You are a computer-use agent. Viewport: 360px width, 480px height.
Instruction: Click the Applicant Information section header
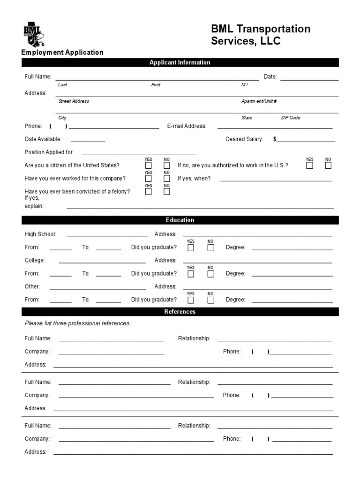pos(180,62)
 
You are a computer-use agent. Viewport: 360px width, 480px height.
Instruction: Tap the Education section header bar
pos(180,220)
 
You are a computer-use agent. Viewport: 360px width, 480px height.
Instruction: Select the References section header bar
pos(180,312)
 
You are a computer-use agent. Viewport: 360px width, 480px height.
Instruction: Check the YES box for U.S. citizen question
pos(149,165)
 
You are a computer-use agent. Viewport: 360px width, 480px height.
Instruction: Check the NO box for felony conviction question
pos(167,191)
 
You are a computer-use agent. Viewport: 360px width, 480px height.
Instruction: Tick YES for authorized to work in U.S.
pos(309,165)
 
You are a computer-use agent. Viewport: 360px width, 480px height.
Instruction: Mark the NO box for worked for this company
pos(167,178)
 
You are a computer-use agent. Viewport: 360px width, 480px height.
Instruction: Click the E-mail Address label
pos(187,126)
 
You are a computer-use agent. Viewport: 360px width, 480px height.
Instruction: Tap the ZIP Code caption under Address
pos(291,118)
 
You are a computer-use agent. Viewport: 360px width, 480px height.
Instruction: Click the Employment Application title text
pos(62,52)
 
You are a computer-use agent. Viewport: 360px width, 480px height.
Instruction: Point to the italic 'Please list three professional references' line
pos(77,323)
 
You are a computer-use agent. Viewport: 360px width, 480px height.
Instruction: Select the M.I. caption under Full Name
pos(245,85)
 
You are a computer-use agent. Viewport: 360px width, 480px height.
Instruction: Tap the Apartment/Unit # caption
pos(259,101)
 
